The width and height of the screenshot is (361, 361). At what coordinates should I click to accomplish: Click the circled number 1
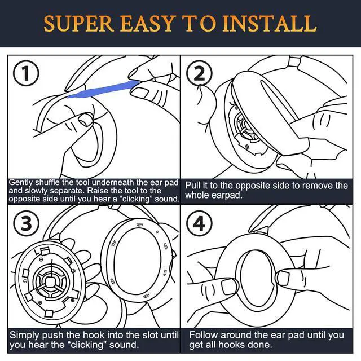click(x=26, y=73)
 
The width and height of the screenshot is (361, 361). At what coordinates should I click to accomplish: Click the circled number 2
click(x=199, y=73)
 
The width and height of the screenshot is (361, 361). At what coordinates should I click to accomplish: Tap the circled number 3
click(x=26, y=223)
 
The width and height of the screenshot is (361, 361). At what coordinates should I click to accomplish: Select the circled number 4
click(x=199, y=223)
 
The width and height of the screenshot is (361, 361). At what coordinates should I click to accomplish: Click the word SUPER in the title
click(x=79, y=24)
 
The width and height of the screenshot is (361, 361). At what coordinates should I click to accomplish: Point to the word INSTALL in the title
click(x=270, y=24)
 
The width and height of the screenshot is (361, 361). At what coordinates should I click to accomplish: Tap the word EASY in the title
click(x=147, y=24)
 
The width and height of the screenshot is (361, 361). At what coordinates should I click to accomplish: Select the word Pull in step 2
click(x=193, y=186)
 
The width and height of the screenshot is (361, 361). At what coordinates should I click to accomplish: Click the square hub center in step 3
click(x=49, y=281)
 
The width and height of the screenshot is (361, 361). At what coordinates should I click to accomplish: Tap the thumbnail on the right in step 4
click(x=283, y=278)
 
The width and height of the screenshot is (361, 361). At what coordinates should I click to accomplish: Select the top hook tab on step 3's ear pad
click(x=140, y=224)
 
